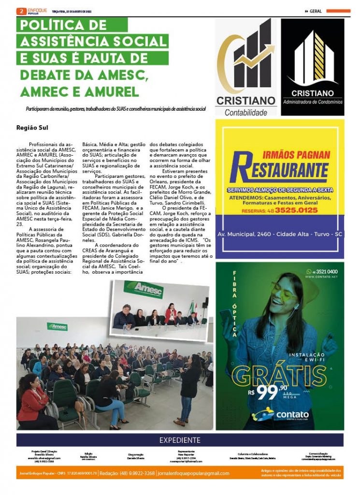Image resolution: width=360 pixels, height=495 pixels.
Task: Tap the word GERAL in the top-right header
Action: point(316,11)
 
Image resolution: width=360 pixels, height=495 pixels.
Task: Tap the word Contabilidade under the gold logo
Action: point(245,113)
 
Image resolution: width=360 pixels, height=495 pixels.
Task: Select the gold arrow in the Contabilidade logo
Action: point(254,57)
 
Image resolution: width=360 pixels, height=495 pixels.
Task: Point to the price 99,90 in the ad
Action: point(274,392)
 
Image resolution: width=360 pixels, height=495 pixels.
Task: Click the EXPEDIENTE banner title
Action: point(180,440)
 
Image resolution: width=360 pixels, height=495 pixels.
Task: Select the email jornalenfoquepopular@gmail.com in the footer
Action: point(194,473)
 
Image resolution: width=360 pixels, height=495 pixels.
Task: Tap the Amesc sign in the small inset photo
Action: point(149,290)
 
